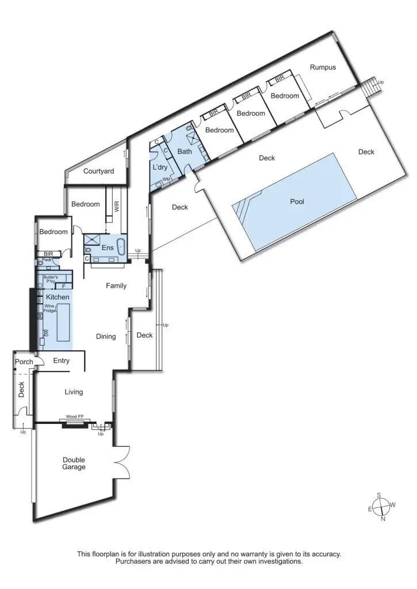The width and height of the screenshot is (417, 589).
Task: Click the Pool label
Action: (297, 202)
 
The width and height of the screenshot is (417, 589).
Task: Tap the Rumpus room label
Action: (323, 67)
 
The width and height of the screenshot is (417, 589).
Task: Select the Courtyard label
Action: (98, 171)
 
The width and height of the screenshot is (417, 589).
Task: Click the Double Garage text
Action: (74, 464)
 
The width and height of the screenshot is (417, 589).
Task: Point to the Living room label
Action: (74, 392)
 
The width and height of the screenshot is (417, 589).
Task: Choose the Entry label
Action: (61, 361)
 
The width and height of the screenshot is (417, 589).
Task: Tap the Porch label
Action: (24, 362)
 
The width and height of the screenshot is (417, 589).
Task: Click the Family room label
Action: (116, 286)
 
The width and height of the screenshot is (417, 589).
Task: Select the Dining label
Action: (106, 337)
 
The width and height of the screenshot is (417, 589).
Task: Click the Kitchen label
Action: (58, 297)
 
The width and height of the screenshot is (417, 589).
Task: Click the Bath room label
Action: (184, 152)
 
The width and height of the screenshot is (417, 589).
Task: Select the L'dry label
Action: (159, 167)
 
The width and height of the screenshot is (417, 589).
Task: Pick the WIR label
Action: (117, 207)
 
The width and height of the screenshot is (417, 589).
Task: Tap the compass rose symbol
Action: (381, 507)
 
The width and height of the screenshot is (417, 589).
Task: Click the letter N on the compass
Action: (383, 519)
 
